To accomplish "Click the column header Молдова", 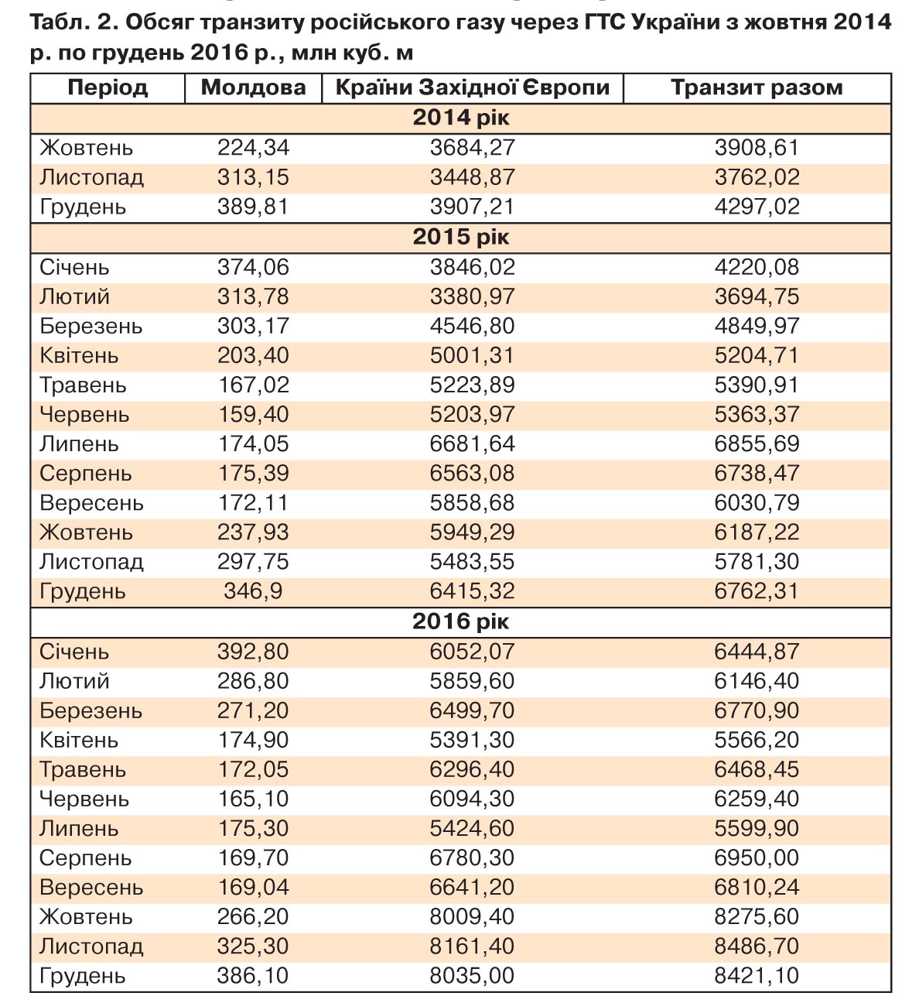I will [x=253, y=87].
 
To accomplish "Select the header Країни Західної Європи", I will [x=472, y=87].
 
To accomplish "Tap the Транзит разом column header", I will [x=757, y=87].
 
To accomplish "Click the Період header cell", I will [x=108, y=87].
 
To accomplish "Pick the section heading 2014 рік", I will [x=461, y=118].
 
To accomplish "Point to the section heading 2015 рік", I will [x=461, y=237].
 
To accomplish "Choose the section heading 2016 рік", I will [x=461, y=621].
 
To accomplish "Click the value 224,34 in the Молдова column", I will [x=253, y=148].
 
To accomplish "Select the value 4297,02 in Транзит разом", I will [x=757, y=207].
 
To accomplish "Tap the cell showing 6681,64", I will [x=472, y=444].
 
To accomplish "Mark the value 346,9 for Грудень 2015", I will [x=253, y=592].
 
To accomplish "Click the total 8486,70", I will [x=757, y=947].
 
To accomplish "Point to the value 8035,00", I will [x=472, y=976].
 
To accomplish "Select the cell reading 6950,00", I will [x=757, y=858].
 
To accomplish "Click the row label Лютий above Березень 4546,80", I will [x=74, y=297].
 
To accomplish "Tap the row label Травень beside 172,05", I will [x=82, y=770].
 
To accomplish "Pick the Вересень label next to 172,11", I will [x=91, y=504].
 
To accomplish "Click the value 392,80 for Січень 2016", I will [x=253, y=652].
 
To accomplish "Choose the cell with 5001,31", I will [x=472, y=356].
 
